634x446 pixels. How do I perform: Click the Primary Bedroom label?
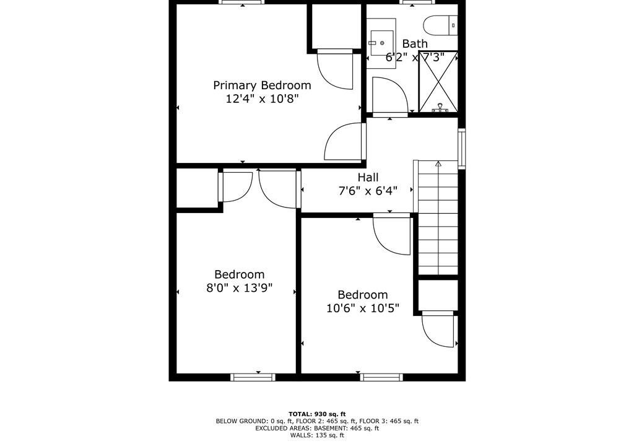pos(262,85)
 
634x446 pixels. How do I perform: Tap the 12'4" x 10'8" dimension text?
pos(262,98)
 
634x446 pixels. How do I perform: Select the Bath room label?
pos(415,43)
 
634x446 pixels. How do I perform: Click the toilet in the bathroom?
pos(440,25)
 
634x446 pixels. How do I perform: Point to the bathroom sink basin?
pos(381,43)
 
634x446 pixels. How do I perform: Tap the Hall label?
pos(368,177)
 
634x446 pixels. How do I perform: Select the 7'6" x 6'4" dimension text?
pos(368,191)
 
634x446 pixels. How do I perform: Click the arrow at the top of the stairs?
pos(438,164)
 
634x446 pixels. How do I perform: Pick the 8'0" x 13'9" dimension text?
pos(240,288)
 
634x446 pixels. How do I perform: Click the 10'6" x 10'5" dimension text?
pos(363,308)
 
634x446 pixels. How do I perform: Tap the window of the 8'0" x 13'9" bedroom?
pos(253,377)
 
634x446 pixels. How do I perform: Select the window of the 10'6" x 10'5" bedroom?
pos(381,377)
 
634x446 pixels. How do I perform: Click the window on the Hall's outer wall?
pos(462,148)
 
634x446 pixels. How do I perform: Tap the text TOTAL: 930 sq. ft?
pos(317,414)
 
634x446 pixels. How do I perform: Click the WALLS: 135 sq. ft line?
pos(317,435)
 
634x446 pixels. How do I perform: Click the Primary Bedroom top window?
pos(242,2)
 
